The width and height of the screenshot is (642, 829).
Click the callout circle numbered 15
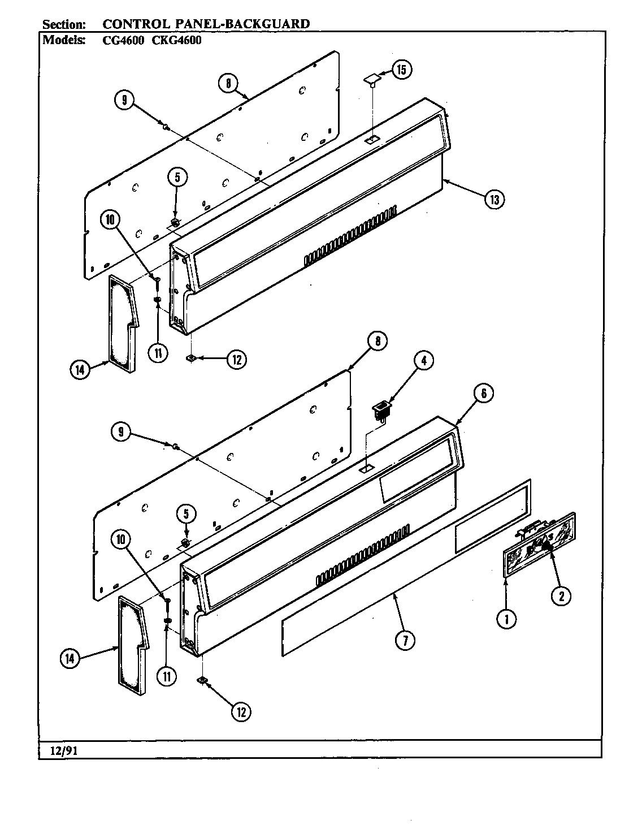click(x=402, y=70)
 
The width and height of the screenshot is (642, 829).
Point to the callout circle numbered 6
click(x=484, y=393)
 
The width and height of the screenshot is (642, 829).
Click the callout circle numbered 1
click(x=506, y=619)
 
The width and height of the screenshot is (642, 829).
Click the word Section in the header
click(x=64, y=24)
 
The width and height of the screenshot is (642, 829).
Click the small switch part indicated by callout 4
click(x=381, y=409)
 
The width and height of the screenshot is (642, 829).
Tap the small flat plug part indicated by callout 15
click(x=371, y=81)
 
